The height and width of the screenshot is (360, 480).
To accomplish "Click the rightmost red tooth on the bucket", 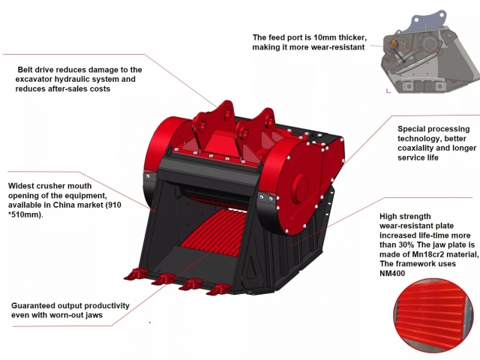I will point(218,288).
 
